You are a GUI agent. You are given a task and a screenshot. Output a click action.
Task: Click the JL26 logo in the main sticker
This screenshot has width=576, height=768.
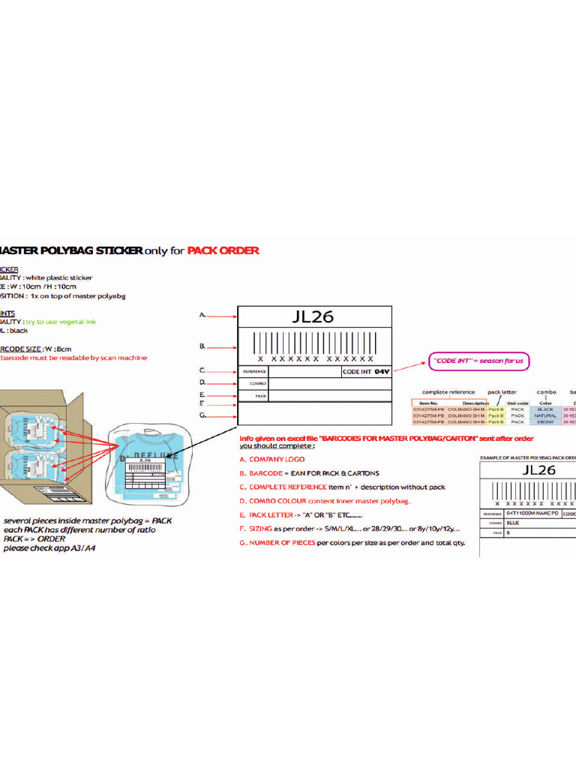click(313, 316)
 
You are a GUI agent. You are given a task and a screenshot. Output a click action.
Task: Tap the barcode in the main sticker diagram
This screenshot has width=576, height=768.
click(315, 346)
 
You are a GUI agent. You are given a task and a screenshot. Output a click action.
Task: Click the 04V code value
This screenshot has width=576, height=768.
click(382, 371)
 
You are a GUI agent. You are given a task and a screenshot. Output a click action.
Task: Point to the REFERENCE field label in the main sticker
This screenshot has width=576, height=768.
click(254, 371)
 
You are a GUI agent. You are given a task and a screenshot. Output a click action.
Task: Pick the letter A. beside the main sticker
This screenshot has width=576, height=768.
click(202, 316)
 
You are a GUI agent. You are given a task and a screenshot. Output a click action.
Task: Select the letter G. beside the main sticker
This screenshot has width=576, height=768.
click(202, 415)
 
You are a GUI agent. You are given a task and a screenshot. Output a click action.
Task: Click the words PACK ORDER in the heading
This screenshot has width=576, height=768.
click(223, 250)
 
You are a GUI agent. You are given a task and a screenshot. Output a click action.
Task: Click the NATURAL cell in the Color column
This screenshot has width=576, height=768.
click(545, 415)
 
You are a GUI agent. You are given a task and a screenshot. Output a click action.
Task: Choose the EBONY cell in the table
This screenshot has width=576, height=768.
click(545, 422)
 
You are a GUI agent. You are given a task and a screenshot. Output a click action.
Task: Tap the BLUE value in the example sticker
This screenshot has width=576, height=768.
click(514, 523)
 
